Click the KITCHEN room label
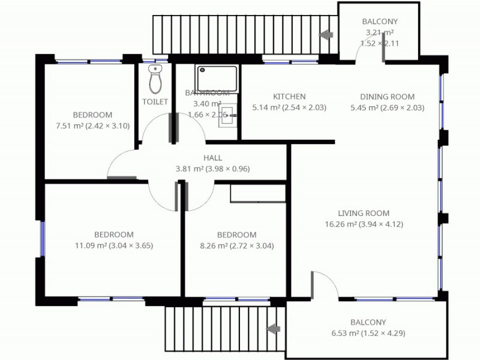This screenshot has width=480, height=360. click(x=289, y=97)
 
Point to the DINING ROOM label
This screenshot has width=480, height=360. click(x=387, y=97)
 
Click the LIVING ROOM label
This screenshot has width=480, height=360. click(x=364, y=213)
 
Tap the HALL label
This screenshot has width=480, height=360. click(x=212, y=158)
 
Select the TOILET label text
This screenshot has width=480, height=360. click(x=155, y=102)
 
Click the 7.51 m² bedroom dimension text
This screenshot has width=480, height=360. click(x=92, y=126)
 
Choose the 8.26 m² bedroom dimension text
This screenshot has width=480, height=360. click(x=236, y=245)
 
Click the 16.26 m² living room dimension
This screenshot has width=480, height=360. click(x=364, y=224)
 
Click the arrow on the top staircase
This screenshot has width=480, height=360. click(x=326, y=35)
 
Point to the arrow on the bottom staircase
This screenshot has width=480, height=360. click(x=274, y=329)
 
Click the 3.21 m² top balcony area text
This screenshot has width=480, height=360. click(x=379, y=32)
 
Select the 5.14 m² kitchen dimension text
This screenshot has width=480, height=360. click(x=289, y=108)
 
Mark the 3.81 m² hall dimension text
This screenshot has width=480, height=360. click(x=212, y=169)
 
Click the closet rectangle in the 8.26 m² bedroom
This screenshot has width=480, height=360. click(x=258, y=193)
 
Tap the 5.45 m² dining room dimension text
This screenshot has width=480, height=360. click(x=387, y=108)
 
